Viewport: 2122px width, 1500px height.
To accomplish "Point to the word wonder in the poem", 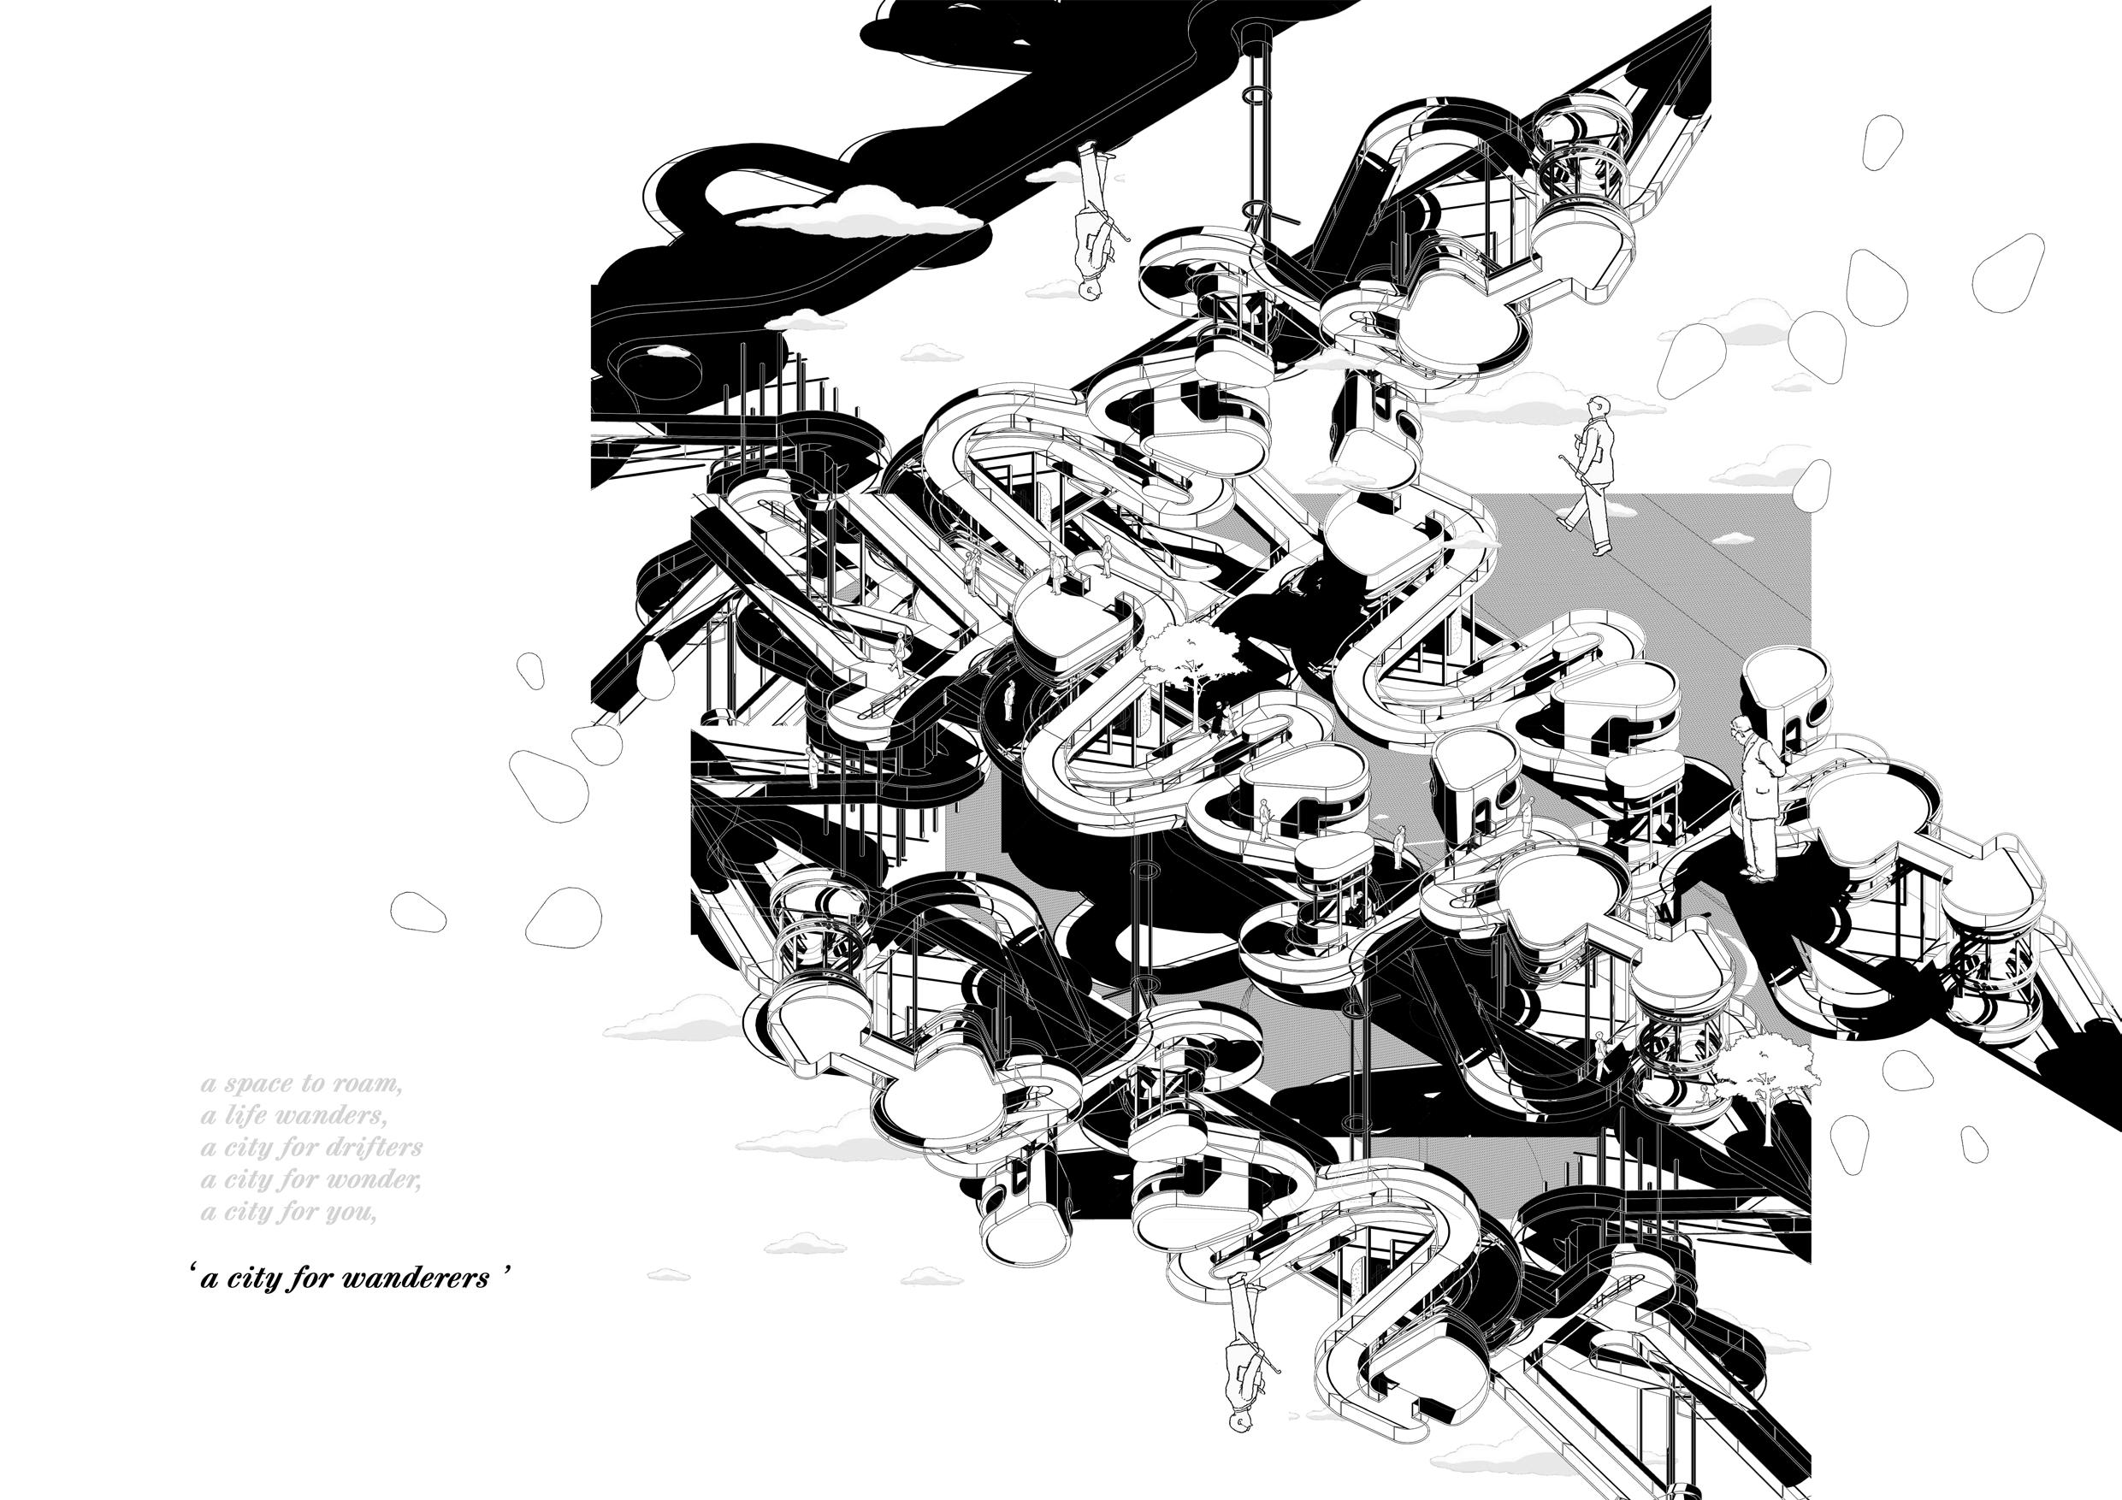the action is tap(377, 1180).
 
